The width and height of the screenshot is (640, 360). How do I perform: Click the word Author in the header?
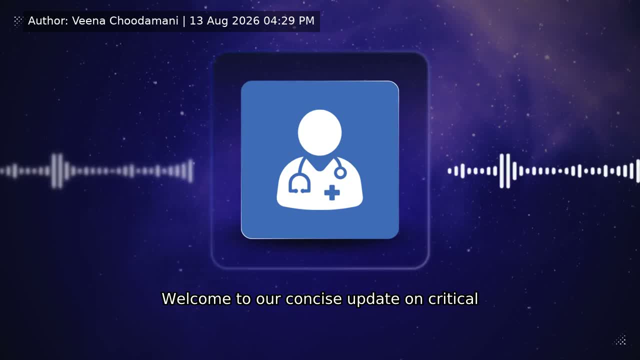pos(48,21)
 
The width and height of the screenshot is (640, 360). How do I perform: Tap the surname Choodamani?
pos(143,21)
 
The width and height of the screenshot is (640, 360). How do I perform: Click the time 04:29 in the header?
pos(279,21)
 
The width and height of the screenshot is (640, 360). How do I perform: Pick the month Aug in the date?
pos(217,21)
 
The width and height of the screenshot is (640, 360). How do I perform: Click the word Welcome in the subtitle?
pos(196,299)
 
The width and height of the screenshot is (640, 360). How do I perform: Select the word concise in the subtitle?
pos(313,299)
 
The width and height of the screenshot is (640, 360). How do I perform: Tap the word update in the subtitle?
pos(373,299)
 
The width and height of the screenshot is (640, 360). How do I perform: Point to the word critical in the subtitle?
pos(453,299)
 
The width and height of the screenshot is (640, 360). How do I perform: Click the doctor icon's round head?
pos(319,132)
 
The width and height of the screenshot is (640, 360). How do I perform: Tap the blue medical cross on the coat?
pos(332,192)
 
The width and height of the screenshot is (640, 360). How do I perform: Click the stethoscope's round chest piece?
pos(340,173)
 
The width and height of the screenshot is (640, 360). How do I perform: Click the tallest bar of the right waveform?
pos(508,171)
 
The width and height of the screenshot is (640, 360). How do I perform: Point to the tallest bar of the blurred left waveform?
pos(60,171)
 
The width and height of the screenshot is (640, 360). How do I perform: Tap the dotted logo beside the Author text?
pos(18,21)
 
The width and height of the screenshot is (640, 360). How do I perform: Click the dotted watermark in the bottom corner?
pos(620,340)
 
